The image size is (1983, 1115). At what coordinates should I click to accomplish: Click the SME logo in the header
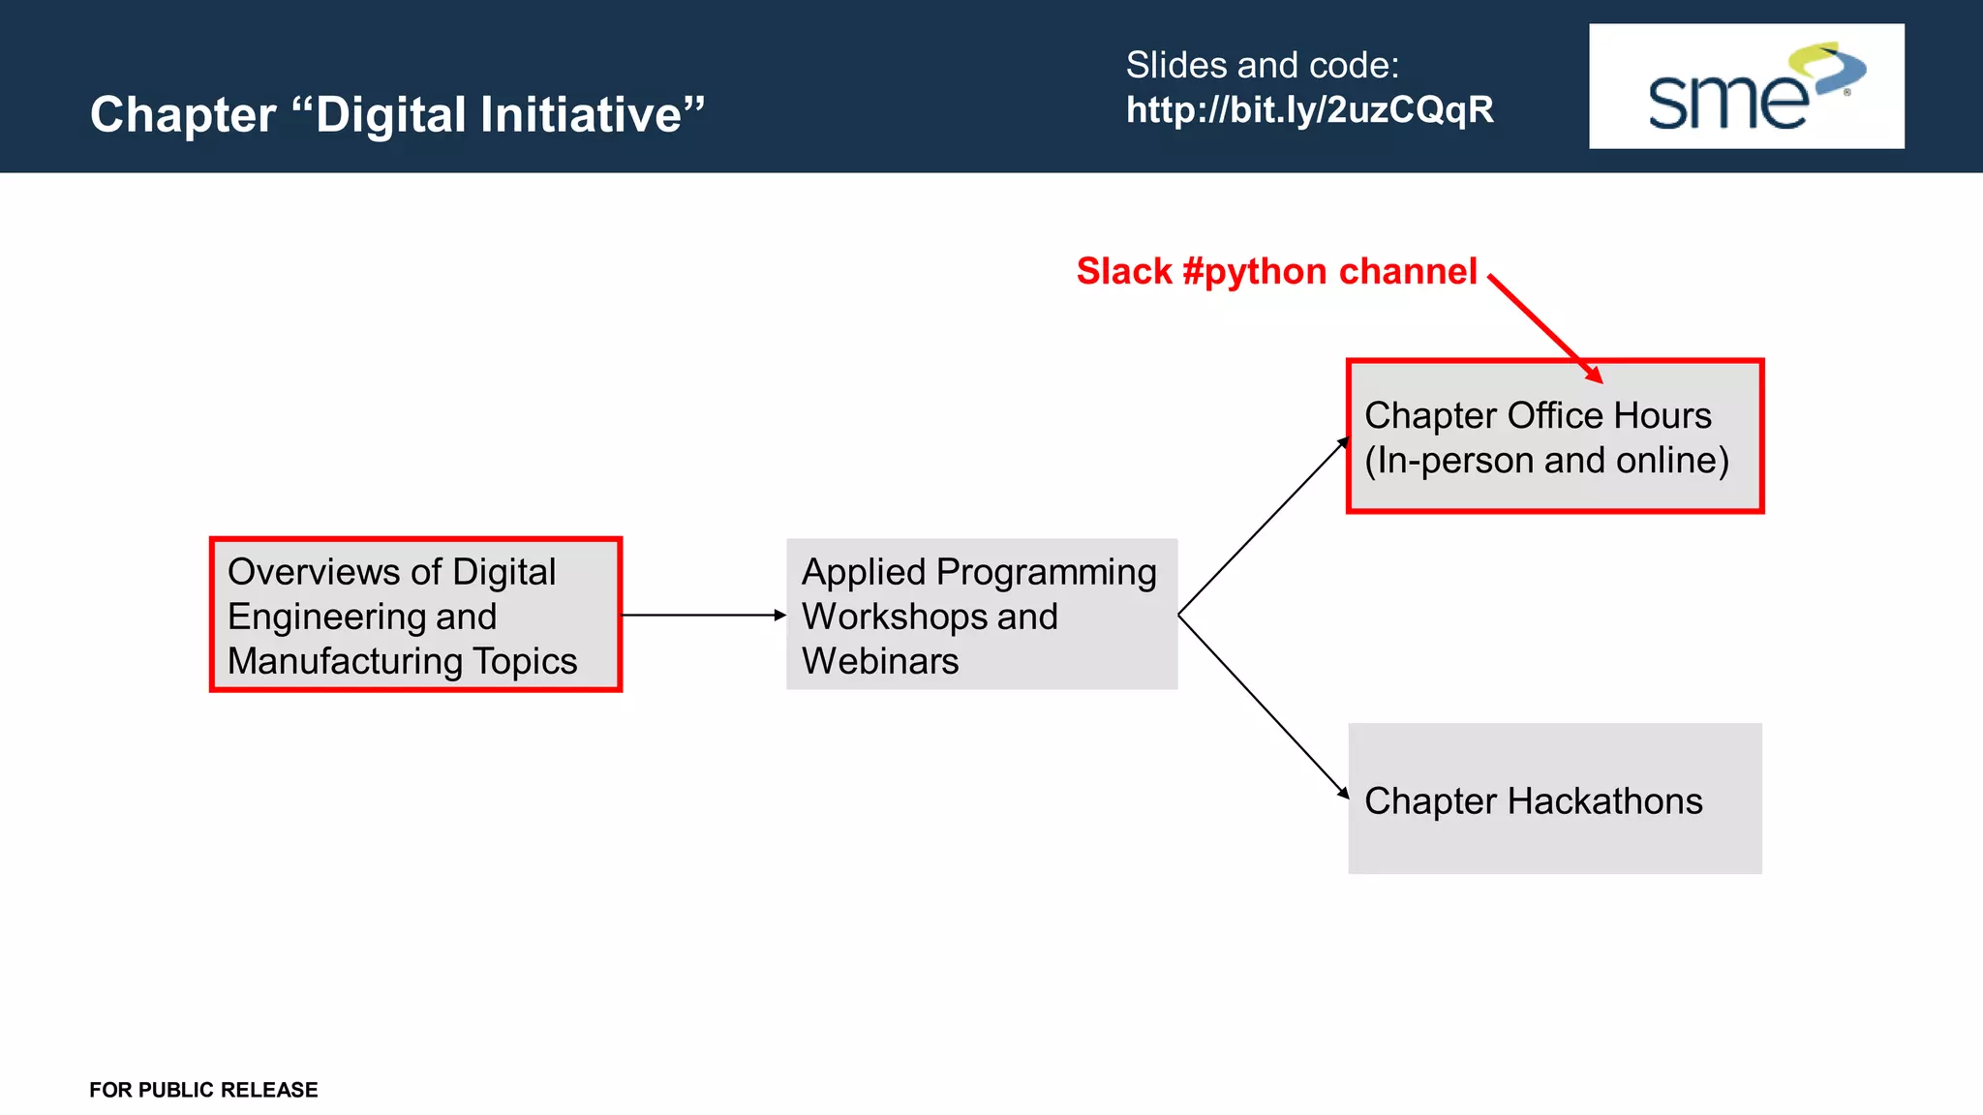(1746, 86)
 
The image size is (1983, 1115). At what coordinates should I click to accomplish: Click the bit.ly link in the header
(1309, 110)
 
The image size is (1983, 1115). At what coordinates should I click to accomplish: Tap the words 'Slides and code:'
(1262, 66)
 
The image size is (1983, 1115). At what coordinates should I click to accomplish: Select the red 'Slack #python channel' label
(1276, 272)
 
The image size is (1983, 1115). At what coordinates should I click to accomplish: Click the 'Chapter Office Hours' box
(1554, 436)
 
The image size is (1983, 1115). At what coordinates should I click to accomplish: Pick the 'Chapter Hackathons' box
(1554, 799)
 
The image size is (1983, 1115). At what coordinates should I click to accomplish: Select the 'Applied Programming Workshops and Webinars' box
(981, 615)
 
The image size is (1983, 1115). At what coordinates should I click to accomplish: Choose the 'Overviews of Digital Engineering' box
(415, 615)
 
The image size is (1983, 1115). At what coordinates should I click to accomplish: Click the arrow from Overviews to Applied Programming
(703, 615)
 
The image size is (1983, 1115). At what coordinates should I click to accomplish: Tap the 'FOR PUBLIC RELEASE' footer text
(203, 1090)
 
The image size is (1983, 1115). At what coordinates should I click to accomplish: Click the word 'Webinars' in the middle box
(879, 661)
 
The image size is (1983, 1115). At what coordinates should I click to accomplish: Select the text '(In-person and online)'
(1546, 461)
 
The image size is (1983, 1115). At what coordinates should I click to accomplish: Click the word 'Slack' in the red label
(1123, 272)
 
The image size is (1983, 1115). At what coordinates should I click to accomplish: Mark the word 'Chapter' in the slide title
(183, 114)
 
